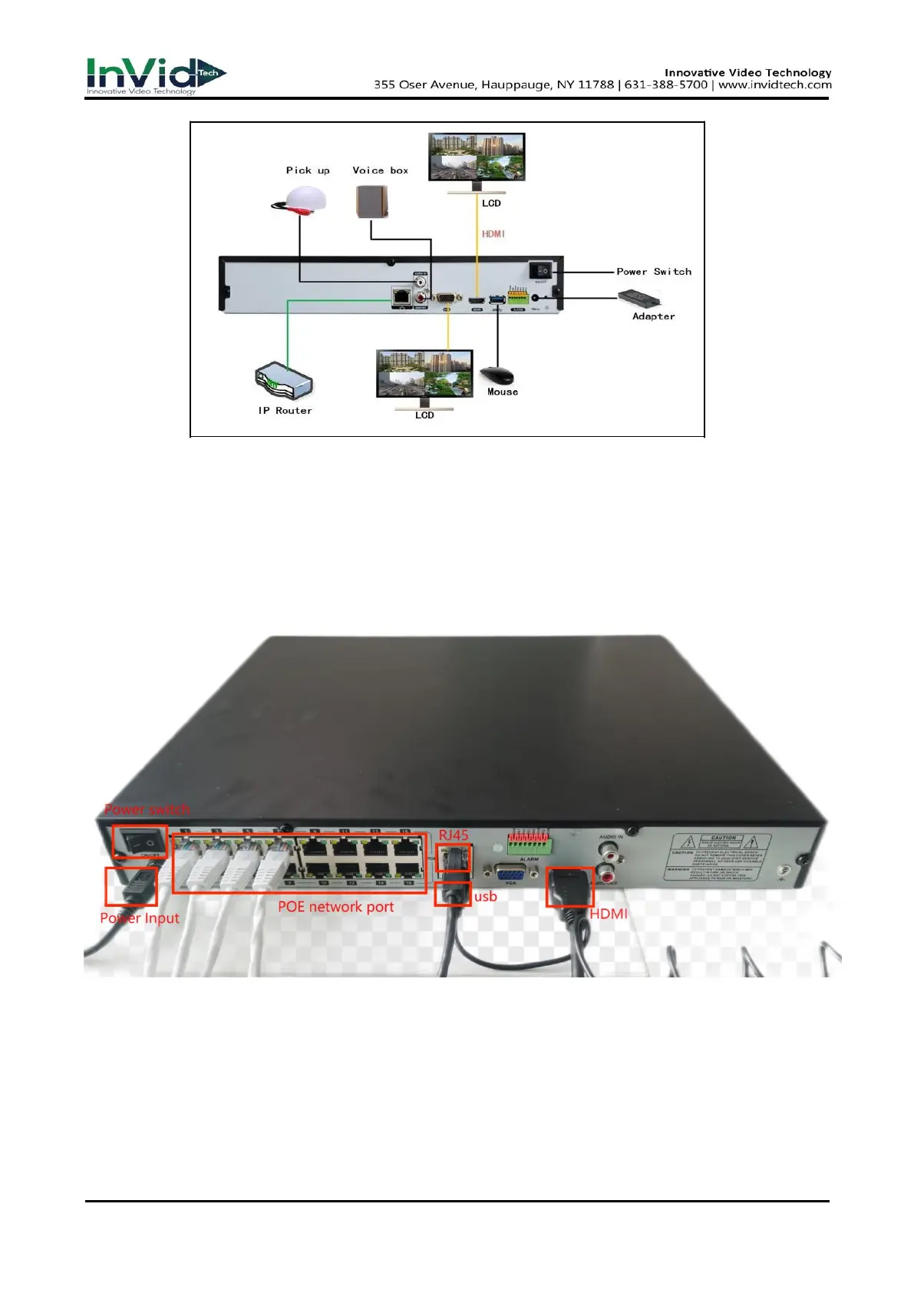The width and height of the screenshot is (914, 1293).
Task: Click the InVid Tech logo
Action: click(156, 76)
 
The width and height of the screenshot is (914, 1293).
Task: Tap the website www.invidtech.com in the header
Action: click(774, 85)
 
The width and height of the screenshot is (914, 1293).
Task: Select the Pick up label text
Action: click(308, 170)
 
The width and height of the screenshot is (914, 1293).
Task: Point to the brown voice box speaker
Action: click(372, 203)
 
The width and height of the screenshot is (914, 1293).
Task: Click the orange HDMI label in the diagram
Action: click(493, 233)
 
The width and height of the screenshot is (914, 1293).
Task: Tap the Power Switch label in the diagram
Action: click(654, 272)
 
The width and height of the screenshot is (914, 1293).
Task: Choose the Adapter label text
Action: click(653, 316)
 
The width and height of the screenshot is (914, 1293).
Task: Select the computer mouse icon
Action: click(497, 375)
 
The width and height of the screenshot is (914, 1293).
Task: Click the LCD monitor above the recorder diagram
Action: click(477, 157)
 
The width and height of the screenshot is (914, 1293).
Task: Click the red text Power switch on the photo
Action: click(147, 809)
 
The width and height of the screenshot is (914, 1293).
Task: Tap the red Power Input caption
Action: click(140, 918)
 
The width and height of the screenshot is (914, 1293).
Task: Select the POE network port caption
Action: click(335, 907)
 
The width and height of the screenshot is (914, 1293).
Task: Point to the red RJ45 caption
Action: click(454, 835)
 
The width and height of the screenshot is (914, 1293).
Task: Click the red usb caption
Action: click(486, 896)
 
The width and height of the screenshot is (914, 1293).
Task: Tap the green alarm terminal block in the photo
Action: click(529, 844)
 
